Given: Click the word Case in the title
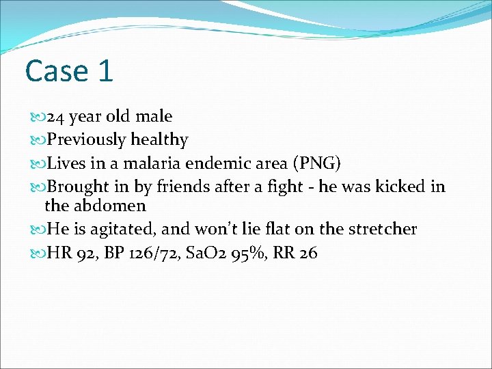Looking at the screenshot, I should click(x=57, y=71).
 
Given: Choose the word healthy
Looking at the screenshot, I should click(x=159, y=139).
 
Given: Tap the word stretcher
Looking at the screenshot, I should click(x=381, y=229).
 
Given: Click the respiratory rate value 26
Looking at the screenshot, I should click(x=308, y=253).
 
